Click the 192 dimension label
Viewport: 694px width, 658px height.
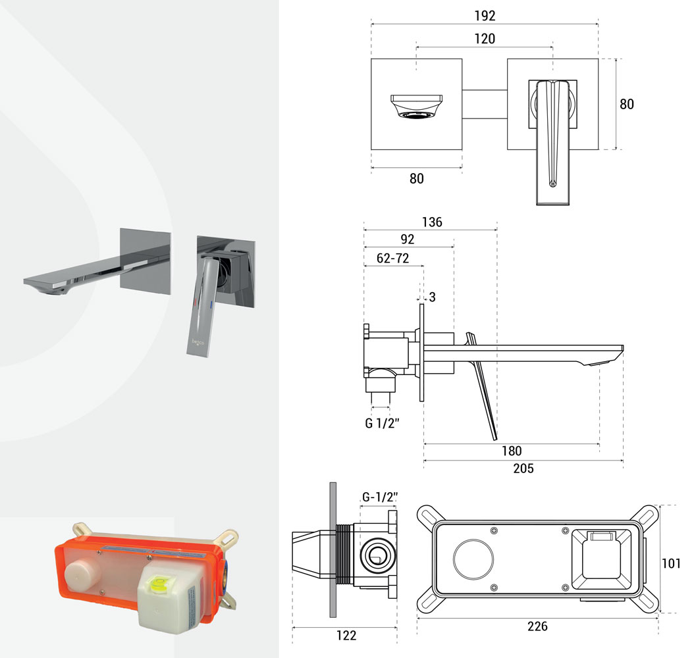tap(485, 16)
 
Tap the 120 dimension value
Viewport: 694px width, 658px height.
tap(485, 39)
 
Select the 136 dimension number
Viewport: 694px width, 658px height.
tap(432, 222)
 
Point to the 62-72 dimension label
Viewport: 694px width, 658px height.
tap(392, 258)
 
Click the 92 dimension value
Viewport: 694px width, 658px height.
tap(407, 240)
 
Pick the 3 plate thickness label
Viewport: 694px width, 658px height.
tap(433, 297)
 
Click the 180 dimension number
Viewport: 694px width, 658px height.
tap(512, 451)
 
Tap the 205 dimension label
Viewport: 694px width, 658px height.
tap(523, 468)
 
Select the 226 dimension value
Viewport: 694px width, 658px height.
tap(537, 626)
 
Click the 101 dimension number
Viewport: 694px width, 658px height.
tap(671, 563)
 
